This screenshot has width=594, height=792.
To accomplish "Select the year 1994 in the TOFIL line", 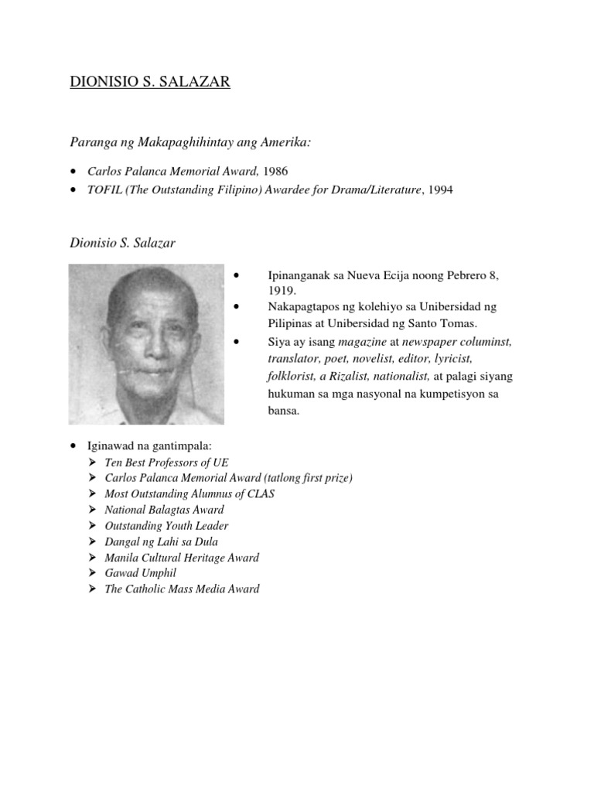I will pyautogui.click(x=438, y=189).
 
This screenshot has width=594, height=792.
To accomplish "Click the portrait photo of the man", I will pyautogui.click(x=146, y=344).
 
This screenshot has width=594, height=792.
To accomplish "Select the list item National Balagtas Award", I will pyautogui.click(x=164, y=510).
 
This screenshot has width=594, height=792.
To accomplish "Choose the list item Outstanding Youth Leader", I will pyautogui.click(x=166, y=526).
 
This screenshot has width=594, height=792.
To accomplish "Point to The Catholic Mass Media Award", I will pyautogui.click(x=182, y=589).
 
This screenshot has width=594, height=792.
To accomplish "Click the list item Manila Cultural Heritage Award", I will pyautogui.click(x=182, y=558).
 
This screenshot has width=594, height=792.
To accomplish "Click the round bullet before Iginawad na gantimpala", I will pyautogui.click(x=73, y=446).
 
